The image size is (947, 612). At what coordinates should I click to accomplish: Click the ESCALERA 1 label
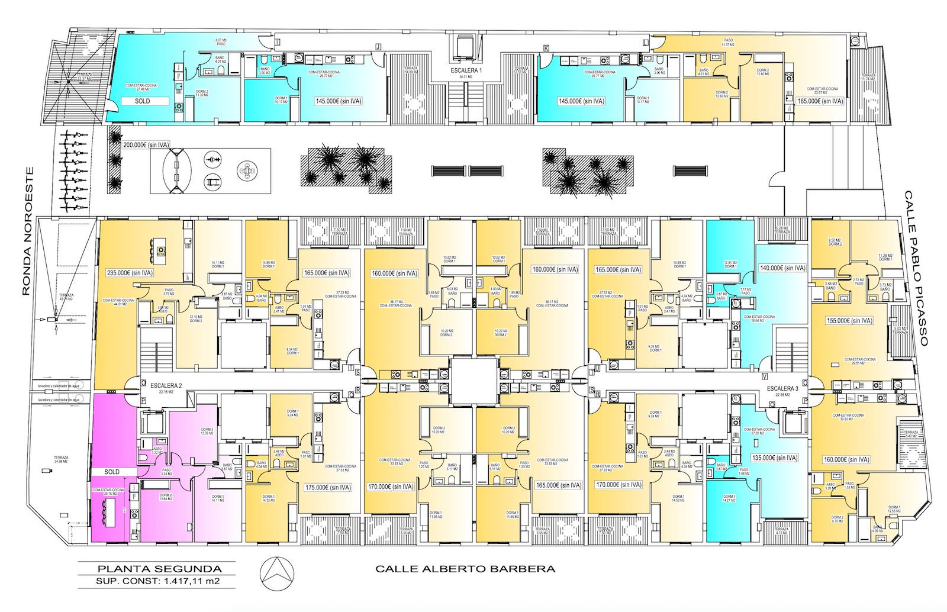tap(466, 70)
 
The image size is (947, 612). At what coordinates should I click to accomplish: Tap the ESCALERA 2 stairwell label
tap(166, 385)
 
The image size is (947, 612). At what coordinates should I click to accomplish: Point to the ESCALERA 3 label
tap(782, 388)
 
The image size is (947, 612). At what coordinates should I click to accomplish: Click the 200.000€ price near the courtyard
tap(146, 144)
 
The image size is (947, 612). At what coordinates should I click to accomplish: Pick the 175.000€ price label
tap(328, 487)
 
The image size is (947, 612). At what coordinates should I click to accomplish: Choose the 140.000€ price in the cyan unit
tap(782, 268)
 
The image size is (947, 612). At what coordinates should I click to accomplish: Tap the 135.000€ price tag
tap(775, 458)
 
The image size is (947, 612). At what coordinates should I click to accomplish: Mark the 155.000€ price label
tap(849, 320)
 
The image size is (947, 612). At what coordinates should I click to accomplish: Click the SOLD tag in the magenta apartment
tap(112, 472)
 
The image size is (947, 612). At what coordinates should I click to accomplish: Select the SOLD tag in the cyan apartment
tap(143, 101)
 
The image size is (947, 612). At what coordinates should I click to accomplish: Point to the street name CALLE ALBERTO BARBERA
tap(465, 569)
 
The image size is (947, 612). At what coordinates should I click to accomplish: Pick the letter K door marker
tap(546, 47)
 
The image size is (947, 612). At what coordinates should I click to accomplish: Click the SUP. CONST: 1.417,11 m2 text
tap(157, 581)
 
